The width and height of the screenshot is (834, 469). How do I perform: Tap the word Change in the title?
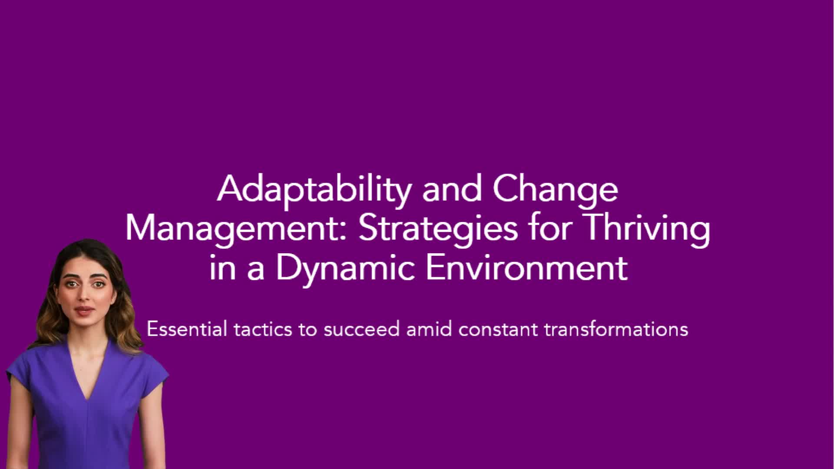click(x=555, y=190)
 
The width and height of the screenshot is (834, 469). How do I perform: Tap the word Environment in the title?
click(x=527, y=267)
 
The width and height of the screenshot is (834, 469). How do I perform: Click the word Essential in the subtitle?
click(x=187, y=329)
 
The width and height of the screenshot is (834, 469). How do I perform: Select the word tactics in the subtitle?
click(x=263, y=329)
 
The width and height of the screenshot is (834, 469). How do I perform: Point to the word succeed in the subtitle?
click(x=361, y=329)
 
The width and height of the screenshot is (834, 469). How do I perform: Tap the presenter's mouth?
click(x=84, y=310)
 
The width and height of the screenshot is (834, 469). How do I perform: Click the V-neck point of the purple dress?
click(x=88, y=400)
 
